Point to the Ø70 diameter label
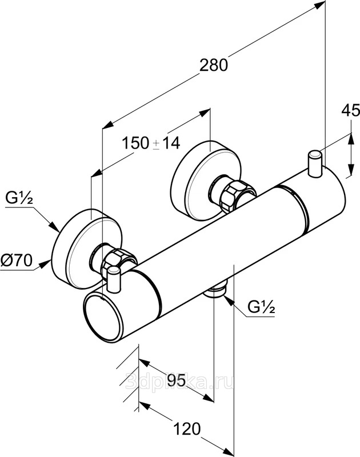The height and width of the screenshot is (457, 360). (x=16, y=262)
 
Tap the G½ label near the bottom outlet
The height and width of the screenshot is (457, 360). (x=262, y=309)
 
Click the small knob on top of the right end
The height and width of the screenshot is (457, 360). (x=315, y=162)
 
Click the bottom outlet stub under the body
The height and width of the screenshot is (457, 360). (x=217, y=292)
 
